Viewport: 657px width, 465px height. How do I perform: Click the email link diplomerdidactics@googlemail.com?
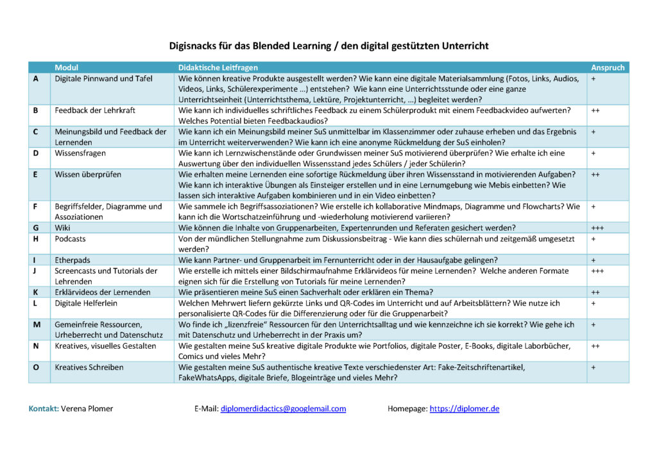click(283, 408)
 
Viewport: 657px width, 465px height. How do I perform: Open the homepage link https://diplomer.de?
click(465, 408)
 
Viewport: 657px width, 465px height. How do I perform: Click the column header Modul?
click(67, 67)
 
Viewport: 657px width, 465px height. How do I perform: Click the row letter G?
click(36, 227)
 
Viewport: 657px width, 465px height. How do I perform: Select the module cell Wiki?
click(63, 227)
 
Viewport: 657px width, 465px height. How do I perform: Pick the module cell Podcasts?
click(71, 238)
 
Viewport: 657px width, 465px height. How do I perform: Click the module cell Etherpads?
click(72, 260)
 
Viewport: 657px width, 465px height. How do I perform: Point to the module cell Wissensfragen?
click(81, 154)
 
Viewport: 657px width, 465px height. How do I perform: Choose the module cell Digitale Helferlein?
click(86, 303)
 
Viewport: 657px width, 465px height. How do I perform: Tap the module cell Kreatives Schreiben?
click(89, 367)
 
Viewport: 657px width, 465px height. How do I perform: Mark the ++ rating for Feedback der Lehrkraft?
click(595, 110)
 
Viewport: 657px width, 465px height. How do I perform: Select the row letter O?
click(37, 367)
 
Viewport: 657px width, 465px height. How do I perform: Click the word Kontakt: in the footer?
click(44, 408)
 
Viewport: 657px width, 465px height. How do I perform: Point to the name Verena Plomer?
click(87, 408)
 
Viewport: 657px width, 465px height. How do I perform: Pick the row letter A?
click(36, 78)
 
